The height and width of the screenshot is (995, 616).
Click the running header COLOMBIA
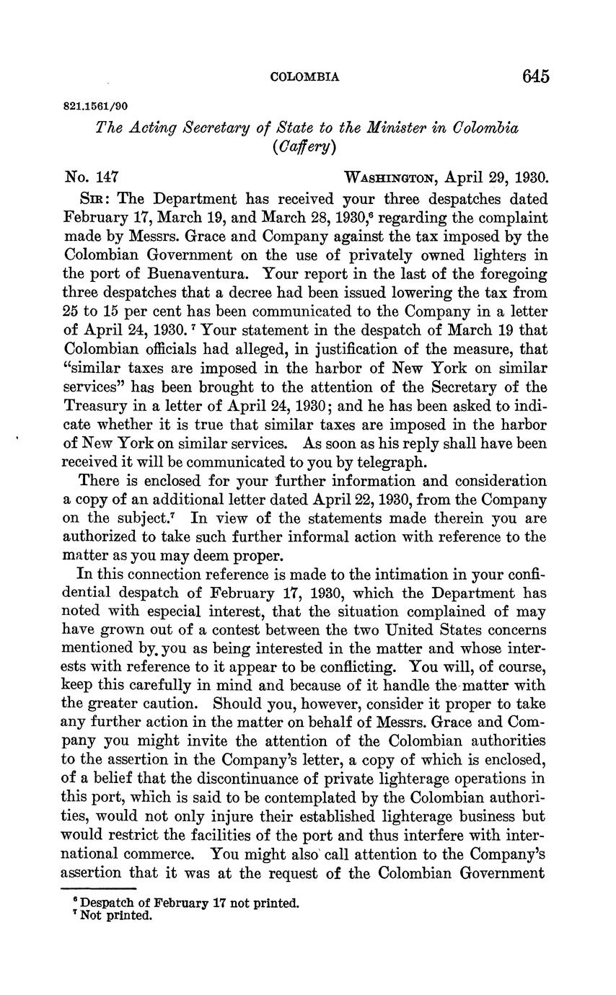tap(304, 77)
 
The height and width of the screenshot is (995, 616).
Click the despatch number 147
tap(106, 177)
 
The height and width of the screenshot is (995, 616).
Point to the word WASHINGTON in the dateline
tap(391, 178)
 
